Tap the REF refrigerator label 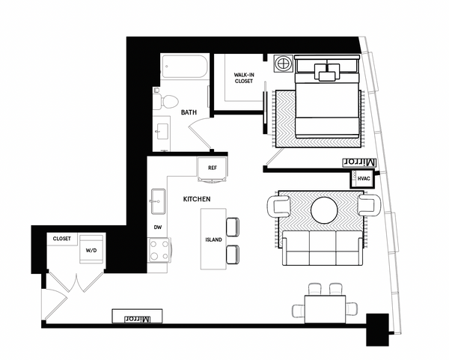click(x=212, y=168)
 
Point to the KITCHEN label click(x=196, y=198)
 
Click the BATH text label click(x=189, y=113)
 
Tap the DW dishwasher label click(x=158, y=225)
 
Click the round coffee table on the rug click(x=326, y=210)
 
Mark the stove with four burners click(x=159, y=249)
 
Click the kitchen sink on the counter click(x=158, y=198)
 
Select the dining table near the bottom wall click(x=326, y=308)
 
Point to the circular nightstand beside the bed click(x=284, y=64)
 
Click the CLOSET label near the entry click(x=62, y=239)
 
